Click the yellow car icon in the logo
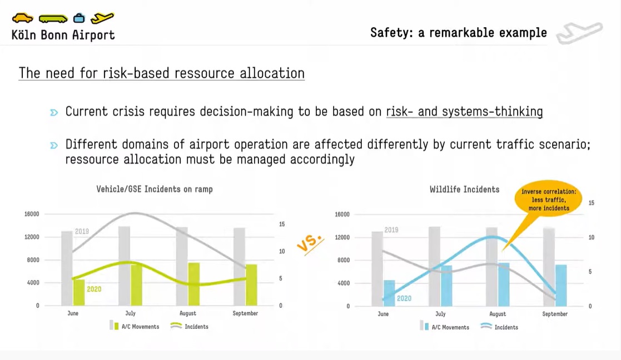[x=23, y=18]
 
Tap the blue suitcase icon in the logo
[x=79, y=18]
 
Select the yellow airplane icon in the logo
[x=102, y=18]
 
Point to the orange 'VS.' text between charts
[x=310, y=243]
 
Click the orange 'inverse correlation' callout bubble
[x=548, y=200]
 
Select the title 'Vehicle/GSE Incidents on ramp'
[x=155, y=189]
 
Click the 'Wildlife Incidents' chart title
[x=465, y=189]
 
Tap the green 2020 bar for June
[x=79, y=292]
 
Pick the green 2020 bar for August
[x=194, y=284]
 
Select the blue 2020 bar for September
[x=561, y=285]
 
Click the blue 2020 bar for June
[x=389, y=293]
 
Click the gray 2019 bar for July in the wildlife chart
[x=434, y=266]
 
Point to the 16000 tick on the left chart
[x=32, y=214]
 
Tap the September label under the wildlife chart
[x=555, y=314]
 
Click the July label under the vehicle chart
[x=130, y=313]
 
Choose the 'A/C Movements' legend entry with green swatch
[x=135, y=326]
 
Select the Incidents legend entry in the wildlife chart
[x=499, y=327]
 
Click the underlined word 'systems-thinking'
[x=492, y=112]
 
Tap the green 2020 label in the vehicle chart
[x=94, y=289]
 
